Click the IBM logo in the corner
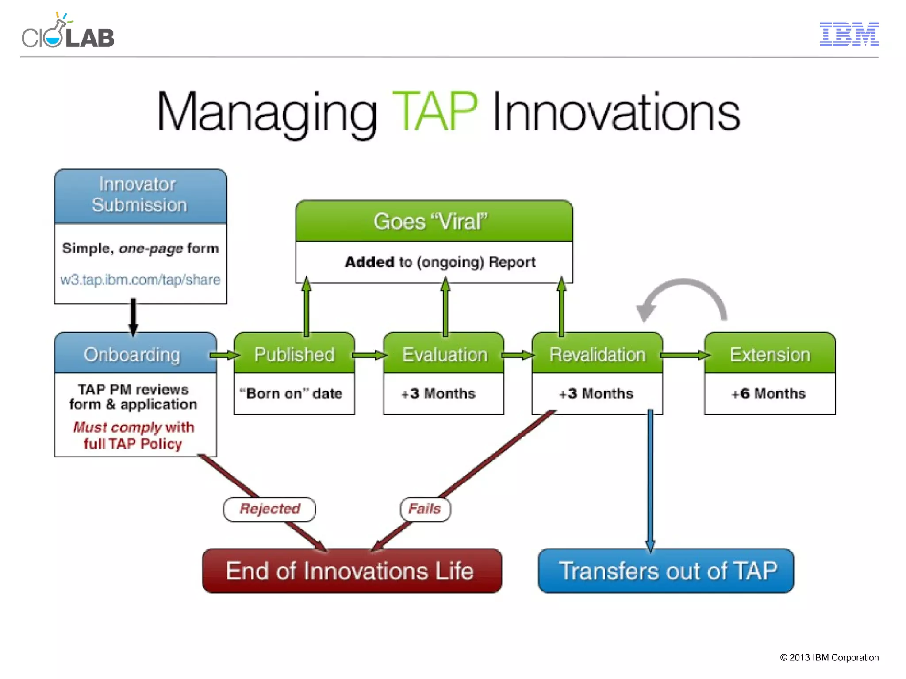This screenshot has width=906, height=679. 848,34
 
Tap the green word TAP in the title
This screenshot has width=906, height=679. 434,111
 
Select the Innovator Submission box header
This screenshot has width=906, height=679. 140,196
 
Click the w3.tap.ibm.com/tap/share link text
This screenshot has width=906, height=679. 140,280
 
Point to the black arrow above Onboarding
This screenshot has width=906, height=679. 133,317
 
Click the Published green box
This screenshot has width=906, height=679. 294,354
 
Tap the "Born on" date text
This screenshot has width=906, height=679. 291,394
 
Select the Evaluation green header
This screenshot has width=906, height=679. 444,354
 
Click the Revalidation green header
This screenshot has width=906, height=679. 597,354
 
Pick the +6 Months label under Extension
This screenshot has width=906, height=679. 768,394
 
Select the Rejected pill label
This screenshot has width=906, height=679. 270,509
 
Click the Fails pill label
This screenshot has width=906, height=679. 425,509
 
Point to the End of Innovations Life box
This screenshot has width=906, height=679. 352,571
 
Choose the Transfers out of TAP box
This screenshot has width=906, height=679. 666,571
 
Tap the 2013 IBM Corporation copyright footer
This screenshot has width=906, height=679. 829,657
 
